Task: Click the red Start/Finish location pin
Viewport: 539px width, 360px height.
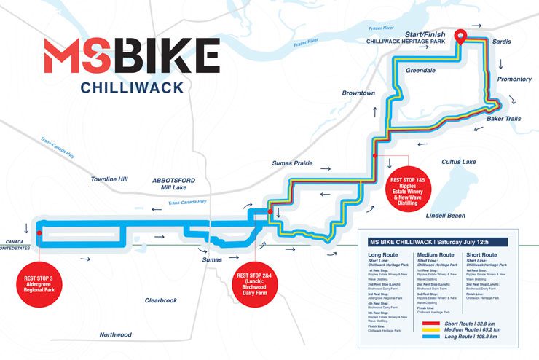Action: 460,36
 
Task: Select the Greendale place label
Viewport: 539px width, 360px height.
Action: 420,72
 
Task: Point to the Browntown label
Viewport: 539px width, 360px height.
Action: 359,93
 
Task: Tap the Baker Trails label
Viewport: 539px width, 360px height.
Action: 503,118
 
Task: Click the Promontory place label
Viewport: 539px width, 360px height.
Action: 514,79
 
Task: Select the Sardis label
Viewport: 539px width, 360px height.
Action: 502,42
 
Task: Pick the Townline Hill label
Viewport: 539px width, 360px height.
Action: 109,179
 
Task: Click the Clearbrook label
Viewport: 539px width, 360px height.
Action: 161,300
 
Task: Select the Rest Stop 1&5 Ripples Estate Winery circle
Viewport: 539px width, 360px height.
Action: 406,191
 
